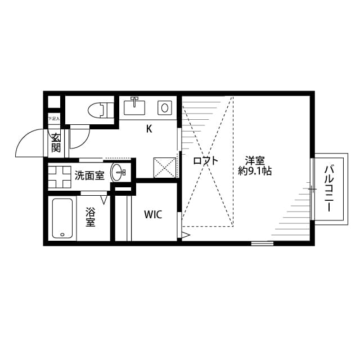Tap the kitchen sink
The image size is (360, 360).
tap(135, 106)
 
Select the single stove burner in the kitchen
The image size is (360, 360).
tap(165, 106)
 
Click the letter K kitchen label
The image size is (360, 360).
tap(148, 129)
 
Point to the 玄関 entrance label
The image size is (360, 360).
tap(56, 143)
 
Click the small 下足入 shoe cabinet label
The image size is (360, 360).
tap(53, 119)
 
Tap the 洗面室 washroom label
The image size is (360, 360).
tap(89, 175)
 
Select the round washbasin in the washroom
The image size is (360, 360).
tap(119, 173)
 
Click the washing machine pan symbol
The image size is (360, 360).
tap(58, 175)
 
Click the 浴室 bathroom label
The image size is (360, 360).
tap(90, 218)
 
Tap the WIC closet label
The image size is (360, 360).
tap(153, 214)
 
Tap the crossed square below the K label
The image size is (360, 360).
tap(165, 168)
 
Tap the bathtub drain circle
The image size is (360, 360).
tap(61, 233)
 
